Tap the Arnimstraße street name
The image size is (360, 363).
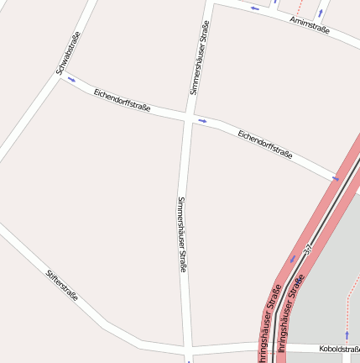tap(310, 26)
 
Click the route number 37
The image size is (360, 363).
tap(308, 250)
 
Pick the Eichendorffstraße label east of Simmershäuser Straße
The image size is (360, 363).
tap(264, 144)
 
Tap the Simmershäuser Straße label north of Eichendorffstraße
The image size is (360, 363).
tap(199, 57)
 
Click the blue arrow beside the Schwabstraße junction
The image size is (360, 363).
tap(71, 80)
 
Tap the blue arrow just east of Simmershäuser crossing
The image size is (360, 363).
tap(202, 121)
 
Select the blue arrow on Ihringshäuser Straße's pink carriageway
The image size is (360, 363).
tap(293, 259)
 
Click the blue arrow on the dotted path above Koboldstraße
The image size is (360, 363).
tap(347, 334)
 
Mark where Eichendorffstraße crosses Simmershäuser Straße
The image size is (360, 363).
tap(186, 117)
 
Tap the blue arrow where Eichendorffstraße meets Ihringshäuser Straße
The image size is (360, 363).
tap(336, 178)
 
